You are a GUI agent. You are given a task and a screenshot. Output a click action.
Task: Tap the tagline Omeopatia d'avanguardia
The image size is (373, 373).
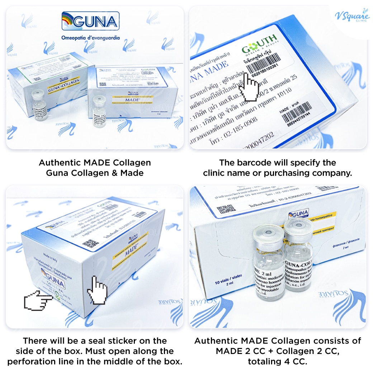click(x=91, y=38)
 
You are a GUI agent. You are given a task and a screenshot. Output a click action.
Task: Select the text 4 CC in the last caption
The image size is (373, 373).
click(x=295, y=361)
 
